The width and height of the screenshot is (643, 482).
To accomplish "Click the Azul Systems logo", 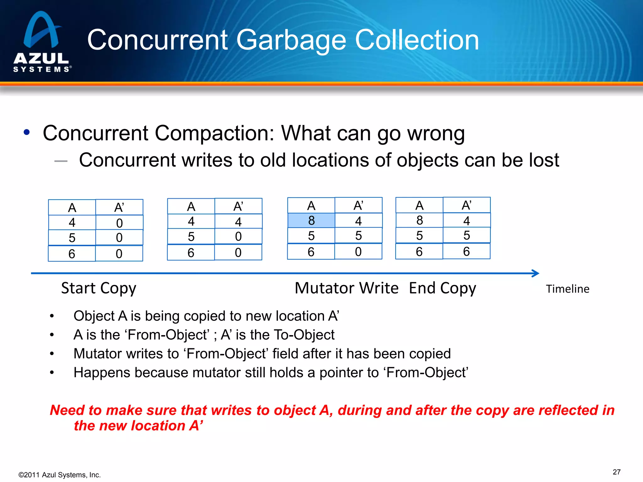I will click(41, 42).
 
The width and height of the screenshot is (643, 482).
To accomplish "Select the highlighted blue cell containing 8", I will click(311, 220).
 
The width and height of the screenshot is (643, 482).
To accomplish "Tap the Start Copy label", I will click(99, 288).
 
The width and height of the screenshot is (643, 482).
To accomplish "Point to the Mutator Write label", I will click(347, 288).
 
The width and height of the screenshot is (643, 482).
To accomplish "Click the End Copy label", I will click(442, 288).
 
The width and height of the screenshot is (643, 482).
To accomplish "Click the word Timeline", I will click(567, 289).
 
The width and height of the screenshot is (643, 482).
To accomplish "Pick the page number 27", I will click(616, 472).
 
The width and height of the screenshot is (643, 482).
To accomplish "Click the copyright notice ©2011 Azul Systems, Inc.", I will click(60, 475).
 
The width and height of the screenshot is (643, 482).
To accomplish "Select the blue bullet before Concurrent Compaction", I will click(27, 132).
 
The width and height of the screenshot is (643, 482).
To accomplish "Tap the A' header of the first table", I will click(119, 207).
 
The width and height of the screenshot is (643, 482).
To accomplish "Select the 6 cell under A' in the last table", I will click(466, 251).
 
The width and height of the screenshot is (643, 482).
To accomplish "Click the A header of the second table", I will click(191, 206).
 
